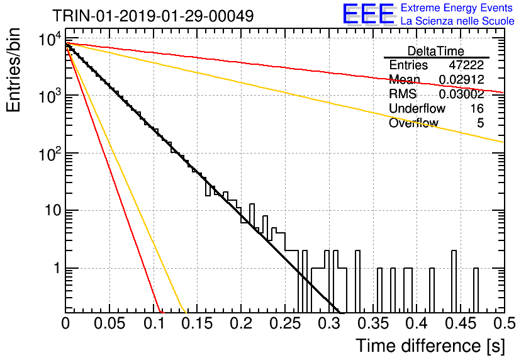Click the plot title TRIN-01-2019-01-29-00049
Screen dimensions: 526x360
click(153, 16)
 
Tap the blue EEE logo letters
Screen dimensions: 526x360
click(368, 13)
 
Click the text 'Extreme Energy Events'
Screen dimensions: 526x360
click(457, 8)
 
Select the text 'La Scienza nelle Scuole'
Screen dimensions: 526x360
click(457, 21)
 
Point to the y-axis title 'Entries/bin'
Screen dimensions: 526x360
click(13, 70)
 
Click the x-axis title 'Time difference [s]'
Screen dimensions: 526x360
click(430, 346)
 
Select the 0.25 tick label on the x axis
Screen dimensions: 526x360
click(285, 323)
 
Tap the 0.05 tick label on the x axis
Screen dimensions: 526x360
click(109, 323)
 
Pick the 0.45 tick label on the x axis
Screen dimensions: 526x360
click(461, 323)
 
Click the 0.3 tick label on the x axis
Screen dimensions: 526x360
click(328, 323)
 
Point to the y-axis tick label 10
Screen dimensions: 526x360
click(53, 211)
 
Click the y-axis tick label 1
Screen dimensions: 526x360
click(57, 268)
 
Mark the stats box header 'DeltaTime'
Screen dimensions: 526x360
click(436, 51)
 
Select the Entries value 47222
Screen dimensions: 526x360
click(466, 65)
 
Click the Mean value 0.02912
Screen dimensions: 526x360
click(462, 79)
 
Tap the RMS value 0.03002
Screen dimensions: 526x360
click(462, 94)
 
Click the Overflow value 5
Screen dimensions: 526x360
click(480, 123)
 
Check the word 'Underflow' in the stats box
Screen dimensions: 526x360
click(417, 108)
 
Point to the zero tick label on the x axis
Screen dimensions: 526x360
click(65, 323)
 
